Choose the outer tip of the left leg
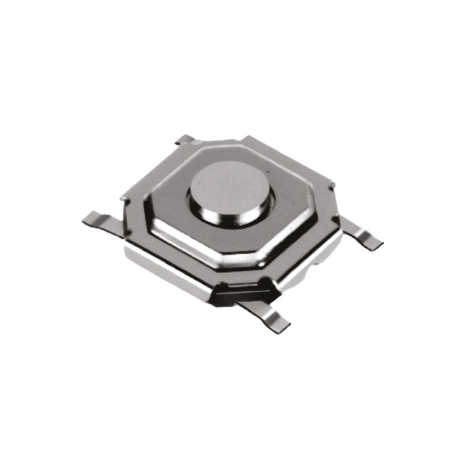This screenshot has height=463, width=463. point(88,218)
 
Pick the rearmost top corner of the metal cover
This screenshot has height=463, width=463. point(246,139)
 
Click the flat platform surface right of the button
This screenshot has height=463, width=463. point(289,208)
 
